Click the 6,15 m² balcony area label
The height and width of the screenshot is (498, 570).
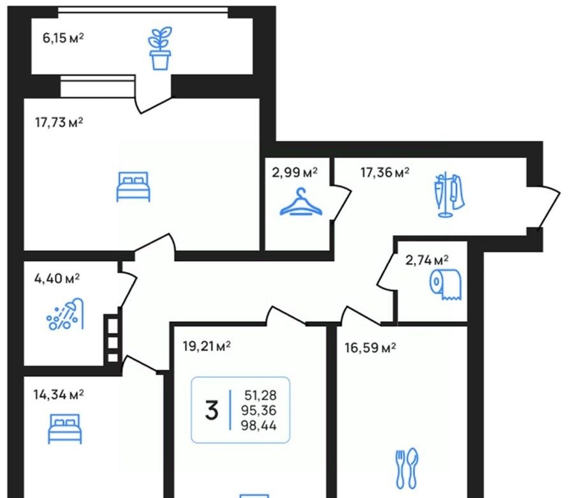point(63,38)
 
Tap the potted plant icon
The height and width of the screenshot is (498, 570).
point(160,48)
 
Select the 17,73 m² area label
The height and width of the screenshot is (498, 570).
point(59,123)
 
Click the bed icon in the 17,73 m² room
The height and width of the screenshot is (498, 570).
point(133,186)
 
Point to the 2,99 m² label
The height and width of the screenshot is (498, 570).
point(295,172)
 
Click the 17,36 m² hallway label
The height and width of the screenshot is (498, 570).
point(385,172)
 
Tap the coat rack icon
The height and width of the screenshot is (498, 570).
point(449,195)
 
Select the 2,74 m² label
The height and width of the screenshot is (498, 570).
point(427,260)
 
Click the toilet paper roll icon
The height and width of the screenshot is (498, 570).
point(445,284)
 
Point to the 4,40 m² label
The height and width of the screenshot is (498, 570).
point(57,279)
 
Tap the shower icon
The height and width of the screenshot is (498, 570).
point(65,313)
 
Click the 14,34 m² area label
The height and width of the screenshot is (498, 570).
point(59,395)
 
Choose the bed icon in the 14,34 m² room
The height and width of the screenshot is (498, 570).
point(64,429)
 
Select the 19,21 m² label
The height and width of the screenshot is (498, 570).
point(207,346)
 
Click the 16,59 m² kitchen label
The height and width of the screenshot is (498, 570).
point(370,348)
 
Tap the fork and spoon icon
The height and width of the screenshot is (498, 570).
point(407,469)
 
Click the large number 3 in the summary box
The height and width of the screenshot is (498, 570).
point(212,411)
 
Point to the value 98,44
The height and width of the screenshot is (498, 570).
point(258,426)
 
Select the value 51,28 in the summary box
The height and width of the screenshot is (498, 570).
point(260,395)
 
